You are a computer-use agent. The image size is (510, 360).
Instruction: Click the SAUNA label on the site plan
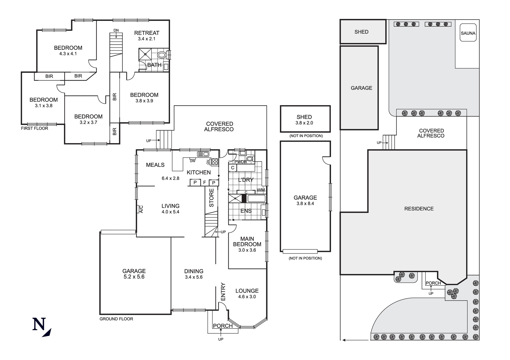pos(468,33)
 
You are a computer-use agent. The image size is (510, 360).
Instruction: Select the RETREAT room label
pos(147,33)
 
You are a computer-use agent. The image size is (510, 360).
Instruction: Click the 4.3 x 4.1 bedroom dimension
pos(68,54)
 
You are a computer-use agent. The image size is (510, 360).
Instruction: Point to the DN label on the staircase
pos(116,30)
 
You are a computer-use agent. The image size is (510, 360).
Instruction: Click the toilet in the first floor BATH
pos(161,55)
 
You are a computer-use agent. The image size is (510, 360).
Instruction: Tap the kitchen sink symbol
pos(203,154)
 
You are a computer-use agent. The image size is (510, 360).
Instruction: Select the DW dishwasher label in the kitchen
pos(193,161)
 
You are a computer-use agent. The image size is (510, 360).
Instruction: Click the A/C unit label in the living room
pos(141,209)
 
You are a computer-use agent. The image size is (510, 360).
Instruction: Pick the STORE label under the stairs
pos(211,197)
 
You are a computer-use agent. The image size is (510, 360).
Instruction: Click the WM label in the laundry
pos(261,190)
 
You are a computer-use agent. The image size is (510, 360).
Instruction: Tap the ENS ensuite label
pos(246,211)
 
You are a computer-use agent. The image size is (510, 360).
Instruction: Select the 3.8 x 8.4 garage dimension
pos(305,204)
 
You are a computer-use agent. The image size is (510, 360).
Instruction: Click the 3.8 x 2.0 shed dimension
pos(304,123)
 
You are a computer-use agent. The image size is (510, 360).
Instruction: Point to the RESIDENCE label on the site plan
pos(419,209)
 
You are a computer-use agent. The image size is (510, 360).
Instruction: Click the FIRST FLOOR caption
pos(34,128)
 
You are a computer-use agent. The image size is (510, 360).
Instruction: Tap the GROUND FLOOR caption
pos(116,319)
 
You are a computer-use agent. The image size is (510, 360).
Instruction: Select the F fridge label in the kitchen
pos(205,182)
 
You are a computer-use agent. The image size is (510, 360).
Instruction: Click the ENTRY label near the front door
pos(223,291)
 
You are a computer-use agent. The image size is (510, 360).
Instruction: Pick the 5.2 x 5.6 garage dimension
pos(134,277)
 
